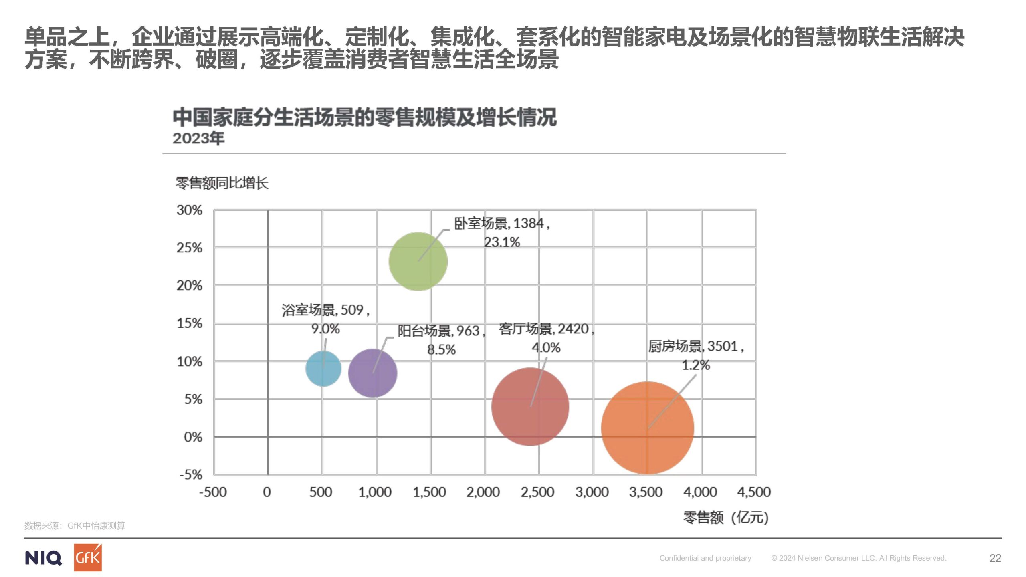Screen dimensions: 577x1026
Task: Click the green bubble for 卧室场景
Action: click(418, 261)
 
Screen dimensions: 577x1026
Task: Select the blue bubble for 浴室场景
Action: click(323, 369)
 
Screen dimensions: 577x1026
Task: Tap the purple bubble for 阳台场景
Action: click(373, 373)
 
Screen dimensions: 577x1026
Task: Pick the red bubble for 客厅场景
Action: click(530, 406)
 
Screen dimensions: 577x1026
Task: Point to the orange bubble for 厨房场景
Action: click(648, 428)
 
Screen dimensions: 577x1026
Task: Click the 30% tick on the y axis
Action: click(190, 210)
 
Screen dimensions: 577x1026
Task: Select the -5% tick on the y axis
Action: click(191, 475)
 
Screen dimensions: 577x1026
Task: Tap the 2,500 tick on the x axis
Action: click(537, 492)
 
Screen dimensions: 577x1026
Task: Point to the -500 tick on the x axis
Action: click(213, 492)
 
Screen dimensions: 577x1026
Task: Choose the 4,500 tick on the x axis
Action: click(754, 492)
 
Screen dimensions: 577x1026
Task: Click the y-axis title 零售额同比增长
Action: click(222, 183)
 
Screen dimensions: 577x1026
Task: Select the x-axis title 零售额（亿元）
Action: click(726, 517)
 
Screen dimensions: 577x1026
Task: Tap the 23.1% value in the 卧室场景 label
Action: click(502, 242)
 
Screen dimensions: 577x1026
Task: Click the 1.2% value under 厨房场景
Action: click(696, 365)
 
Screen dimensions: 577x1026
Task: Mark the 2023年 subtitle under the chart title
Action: click(198, 138)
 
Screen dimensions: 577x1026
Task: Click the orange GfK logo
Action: click(88, 557)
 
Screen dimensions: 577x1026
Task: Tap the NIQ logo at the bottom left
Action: click(43, 558)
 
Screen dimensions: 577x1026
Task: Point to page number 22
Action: click(995, 558)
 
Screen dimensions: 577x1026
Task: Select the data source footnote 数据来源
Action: click(75, 526)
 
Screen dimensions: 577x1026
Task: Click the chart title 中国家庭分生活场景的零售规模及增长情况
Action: click(364, 117)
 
